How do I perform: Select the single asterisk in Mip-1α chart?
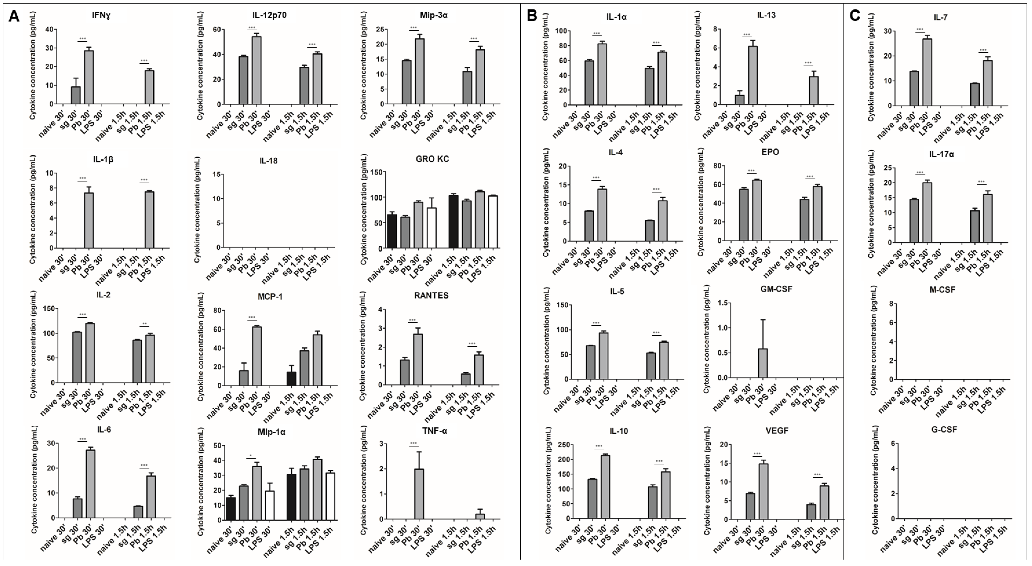[x=250, y=455]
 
